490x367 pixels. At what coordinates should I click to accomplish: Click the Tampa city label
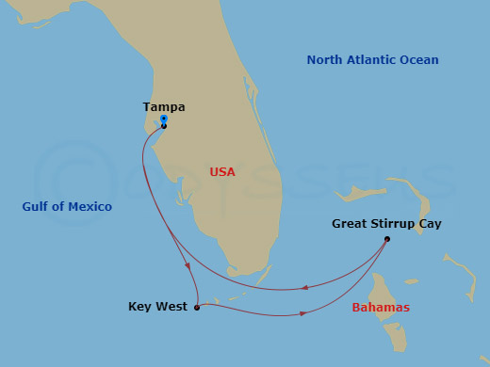tap(164, 107)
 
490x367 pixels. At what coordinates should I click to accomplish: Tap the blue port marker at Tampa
tap(164, 120)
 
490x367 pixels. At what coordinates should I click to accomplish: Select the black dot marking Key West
tap(196, 308)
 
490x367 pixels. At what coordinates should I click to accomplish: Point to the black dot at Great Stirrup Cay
tap(387, 239)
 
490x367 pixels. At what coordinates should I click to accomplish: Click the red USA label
tap(222, 172)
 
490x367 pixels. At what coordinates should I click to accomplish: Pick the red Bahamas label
tap(381, 308)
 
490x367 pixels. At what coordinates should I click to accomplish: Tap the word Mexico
tap(90, 207)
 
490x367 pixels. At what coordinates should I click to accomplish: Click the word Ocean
tap(420, 60)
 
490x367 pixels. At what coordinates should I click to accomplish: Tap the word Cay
tap(430, 224)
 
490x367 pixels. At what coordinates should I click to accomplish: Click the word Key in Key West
tap(139, 307)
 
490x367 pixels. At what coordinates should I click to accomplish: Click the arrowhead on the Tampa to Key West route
tap(189, 266)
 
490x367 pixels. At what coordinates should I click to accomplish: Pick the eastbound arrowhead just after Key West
tap(302, 313)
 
